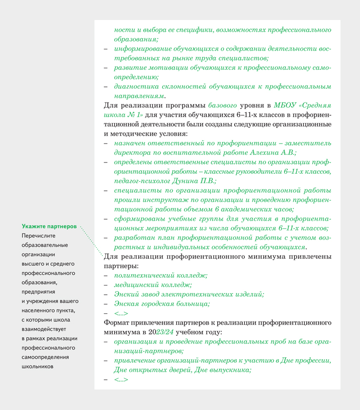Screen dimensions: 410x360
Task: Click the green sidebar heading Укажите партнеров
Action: click(x=49, y=227)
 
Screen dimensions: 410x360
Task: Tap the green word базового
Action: click(x=223, y=104)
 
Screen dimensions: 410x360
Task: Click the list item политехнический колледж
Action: click(x=161, y=276)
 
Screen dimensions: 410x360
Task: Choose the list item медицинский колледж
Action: click(x=153, y=285)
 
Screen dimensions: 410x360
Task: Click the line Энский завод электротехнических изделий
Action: click(x=189, y=294)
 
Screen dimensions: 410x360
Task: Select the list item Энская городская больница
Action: click(x=162, y=304)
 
